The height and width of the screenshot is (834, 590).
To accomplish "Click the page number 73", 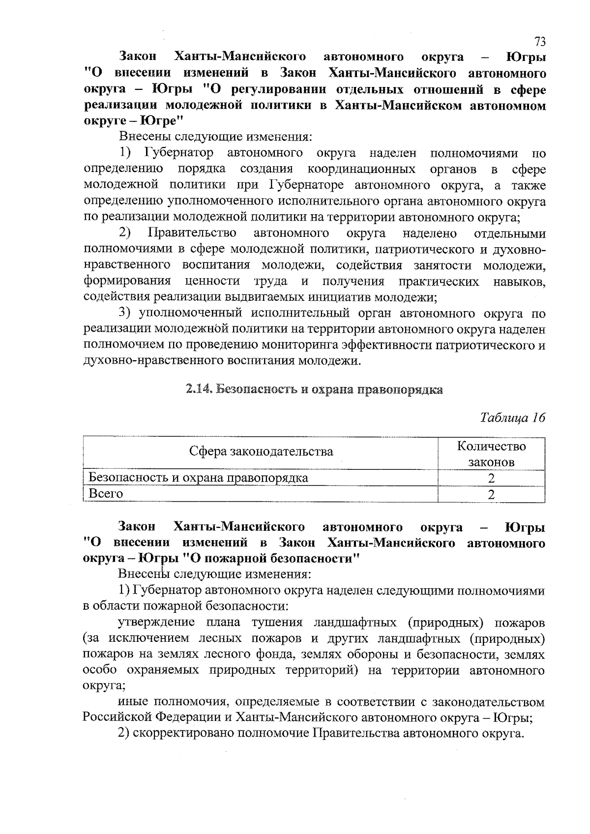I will [540, 41].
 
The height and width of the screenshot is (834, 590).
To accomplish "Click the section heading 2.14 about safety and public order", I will [314, 390].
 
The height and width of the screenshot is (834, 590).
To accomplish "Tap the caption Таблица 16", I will [513, 418].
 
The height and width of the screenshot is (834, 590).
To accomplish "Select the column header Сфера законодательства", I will [261, 451].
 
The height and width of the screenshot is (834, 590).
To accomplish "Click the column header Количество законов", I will [491, 454].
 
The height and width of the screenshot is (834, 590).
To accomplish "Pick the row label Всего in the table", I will [106, 493].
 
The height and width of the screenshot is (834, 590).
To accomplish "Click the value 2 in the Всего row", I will [491, 494].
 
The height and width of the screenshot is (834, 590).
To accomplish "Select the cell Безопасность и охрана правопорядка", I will [198, 478].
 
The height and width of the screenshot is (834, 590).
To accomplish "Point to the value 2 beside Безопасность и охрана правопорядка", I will [491, 478].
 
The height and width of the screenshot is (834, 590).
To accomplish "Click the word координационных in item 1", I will [361, 169].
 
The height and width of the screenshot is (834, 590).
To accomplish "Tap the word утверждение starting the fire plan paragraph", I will [156, 623].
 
